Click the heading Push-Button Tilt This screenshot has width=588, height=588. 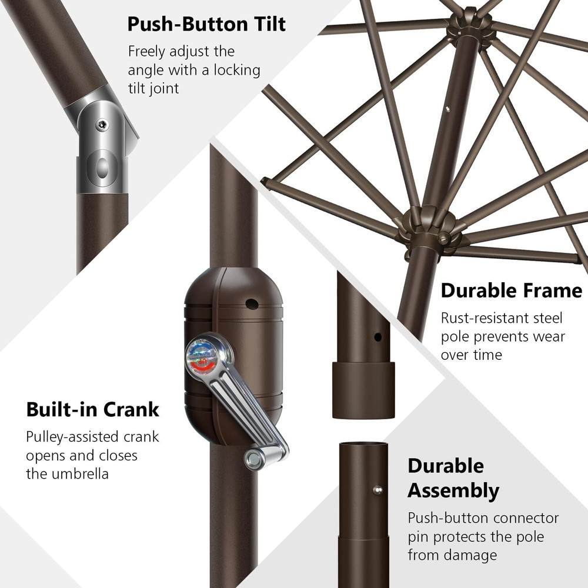pos(206,24)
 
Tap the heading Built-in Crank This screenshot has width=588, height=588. pos(93,409)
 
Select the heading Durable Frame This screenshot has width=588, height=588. pos(512,290)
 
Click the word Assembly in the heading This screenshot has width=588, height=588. pos(453,490)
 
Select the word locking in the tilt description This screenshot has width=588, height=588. pos(237,70)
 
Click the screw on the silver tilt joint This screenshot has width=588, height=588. pos(102,125)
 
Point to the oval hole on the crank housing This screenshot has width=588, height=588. pos(252,304)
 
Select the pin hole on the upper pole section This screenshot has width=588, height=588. pos(377,337)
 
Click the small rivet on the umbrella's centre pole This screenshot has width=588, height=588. pos(447,109)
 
